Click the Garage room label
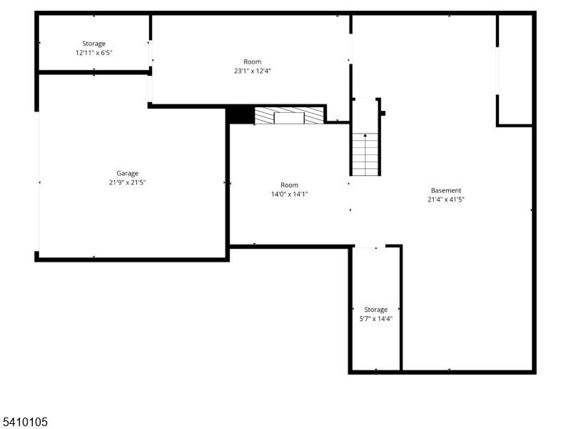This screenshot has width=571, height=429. (x=128, y=173)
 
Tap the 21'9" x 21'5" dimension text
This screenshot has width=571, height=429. (x=128, y=182)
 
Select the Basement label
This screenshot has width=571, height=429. (x=446, y=190)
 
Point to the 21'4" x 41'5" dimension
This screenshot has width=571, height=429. (x=446, y=199)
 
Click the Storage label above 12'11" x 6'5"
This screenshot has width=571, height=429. (x=94, y=44)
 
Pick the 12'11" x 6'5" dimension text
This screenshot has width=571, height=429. (x=94, y=53)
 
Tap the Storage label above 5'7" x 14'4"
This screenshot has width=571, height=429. (x=376, y=310)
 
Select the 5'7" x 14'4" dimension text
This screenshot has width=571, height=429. (x=376, y=319)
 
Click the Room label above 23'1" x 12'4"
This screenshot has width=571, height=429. (x=253, y=62)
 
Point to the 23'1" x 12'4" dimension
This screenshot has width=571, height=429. (x=253, y=71)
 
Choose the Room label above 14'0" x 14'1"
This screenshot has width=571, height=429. (x=290, y=185)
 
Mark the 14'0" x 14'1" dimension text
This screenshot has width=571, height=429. (x=290, y=194)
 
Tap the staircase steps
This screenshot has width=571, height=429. (x=365, y=154)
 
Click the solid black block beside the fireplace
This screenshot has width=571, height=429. (x=241, y=115)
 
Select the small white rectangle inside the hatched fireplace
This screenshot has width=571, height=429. (x=289, y=118)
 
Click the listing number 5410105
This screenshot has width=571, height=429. (x=25, y=422)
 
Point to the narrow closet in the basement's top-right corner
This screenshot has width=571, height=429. (x=515, y=70)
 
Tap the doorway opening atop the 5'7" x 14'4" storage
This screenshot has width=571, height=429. (x=370, y=247)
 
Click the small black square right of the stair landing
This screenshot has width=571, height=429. (x=383, y=114)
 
